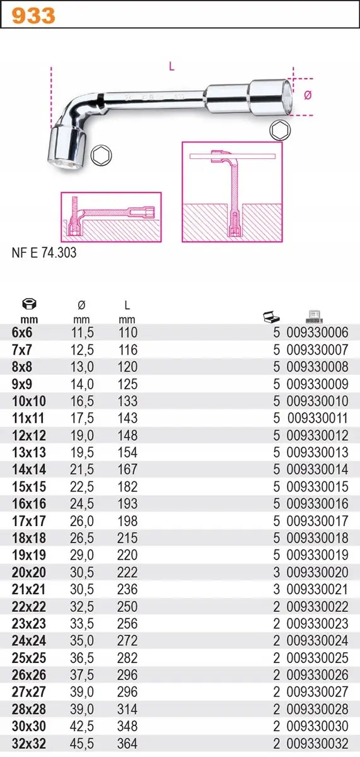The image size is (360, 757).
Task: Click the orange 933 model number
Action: point(33,16)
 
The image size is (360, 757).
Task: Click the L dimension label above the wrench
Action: point(171,67)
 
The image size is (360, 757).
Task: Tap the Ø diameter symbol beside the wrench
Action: point(308,96)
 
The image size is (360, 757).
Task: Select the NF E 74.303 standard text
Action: point(44,253)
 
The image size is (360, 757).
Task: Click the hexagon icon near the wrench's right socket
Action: point(280,130)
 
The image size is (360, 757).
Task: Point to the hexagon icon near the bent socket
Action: point(102,155)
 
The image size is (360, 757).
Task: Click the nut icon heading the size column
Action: point(29,304)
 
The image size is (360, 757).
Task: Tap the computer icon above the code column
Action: point(314,317)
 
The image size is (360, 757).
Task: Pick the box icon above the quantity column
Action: point(272,317)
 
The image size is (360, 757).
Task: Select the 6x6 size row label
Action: point(22,332)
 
